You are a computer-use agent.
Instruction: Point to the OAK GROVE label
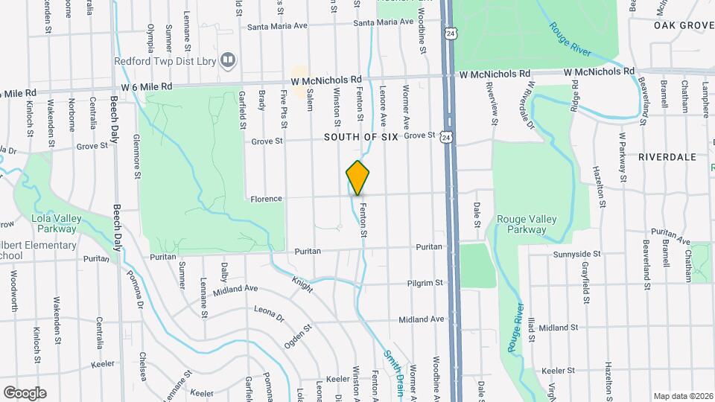click(684, 25)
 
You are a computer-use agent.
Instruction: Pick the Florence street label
click(266, 199)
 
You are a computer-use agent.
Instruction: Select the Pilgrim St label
click(425, 283)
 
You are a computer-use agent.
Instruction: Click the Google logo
click(25, 392)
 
